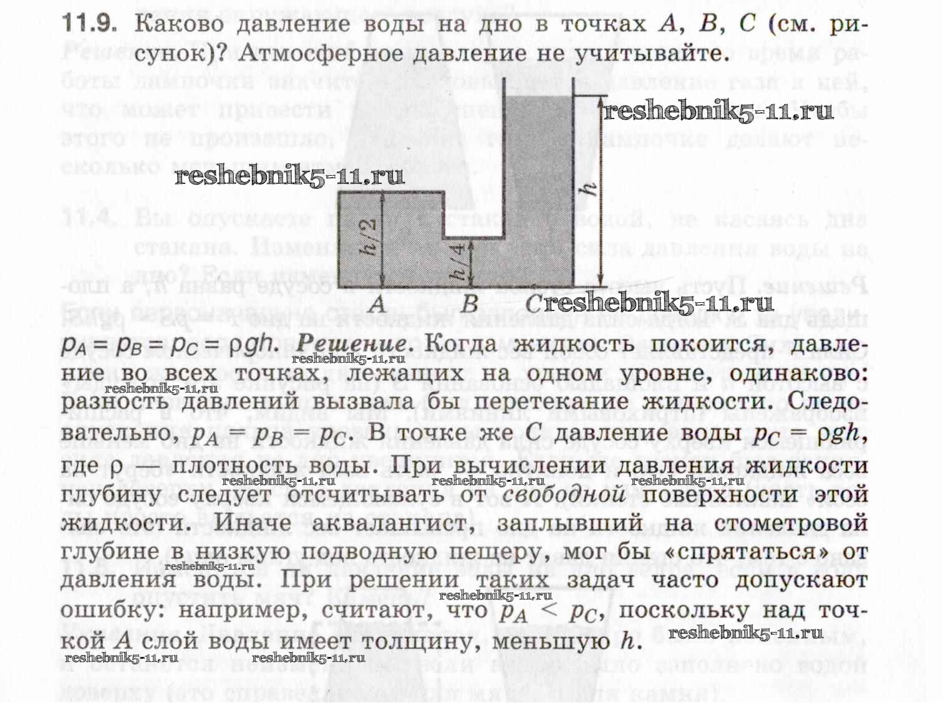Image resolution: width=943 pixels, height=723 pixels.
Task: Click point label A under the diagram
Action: coord(377,305)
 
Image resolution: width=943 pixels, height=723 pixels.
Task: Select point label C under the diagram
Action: coord(534,305)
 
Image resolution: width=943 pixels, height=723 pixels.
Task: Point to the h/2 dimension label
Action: coord(370,237)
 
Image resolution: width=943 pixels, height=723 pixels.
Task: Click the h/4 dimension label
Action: coord(458,262)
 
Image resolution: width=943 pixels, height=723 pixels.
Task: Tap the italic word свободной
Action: coord(564,494)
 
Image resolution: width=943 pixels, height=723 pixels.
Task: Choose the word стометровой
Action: coord(791,522)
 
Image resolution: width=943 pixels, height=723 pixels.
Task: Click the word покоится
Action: coord(704,343)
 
